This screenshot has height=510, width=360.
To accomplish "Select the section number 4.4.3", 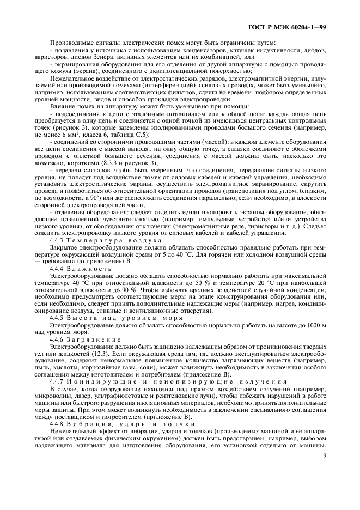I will click(58, 240).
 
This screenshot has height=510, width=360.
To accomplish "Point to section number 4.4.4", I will click(58, 268).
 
